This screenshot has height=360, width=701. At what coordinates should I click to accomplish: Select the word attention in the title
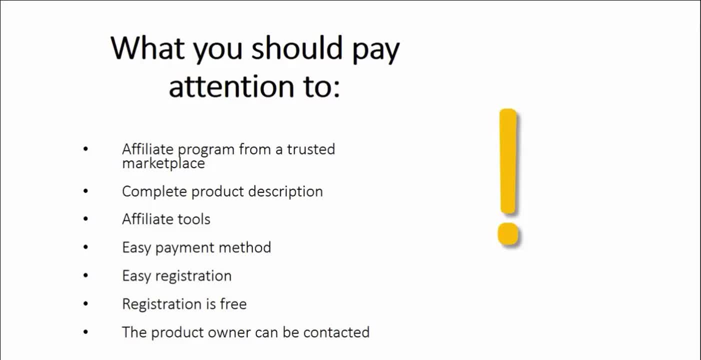click(x=232, y=86)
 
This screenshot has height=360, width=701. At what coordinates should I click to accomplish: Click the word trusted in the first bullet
click(x=311, y=149)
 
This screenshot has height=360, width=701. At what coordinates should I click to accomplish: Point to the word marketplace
click(x=163, y=163)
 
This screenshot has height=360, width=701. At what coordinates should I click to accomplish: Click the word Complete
click(x=154, y=192)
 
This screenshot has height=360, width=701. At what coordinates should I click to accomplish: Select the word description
click(x=285, y=191)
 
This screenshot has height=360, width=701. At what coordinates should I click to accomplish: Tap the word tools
click(x=194, y=219)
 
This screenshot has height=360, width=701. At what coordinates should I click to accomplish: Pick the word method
click(x=244, y=247)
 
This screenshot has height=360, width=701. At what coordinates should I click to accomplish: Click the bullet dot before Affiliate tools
click(x=85, y=219)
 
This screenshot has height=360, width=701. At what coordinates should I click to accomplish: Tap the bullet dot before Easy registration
click(x=85, y=275)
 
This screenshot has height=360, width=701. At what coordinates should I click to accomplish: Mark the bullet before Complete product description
click(x=85, y=190)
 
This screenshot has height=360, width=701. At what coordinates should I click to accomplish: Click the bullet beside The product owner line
click(x=85, y=331)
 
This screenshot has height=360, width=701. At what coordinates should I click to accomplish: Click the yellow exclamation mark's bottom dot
click(x=508, y=233)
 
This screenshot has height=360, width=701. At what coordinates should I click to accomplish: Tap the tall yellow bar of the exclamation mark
click(x=508, y=161)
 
